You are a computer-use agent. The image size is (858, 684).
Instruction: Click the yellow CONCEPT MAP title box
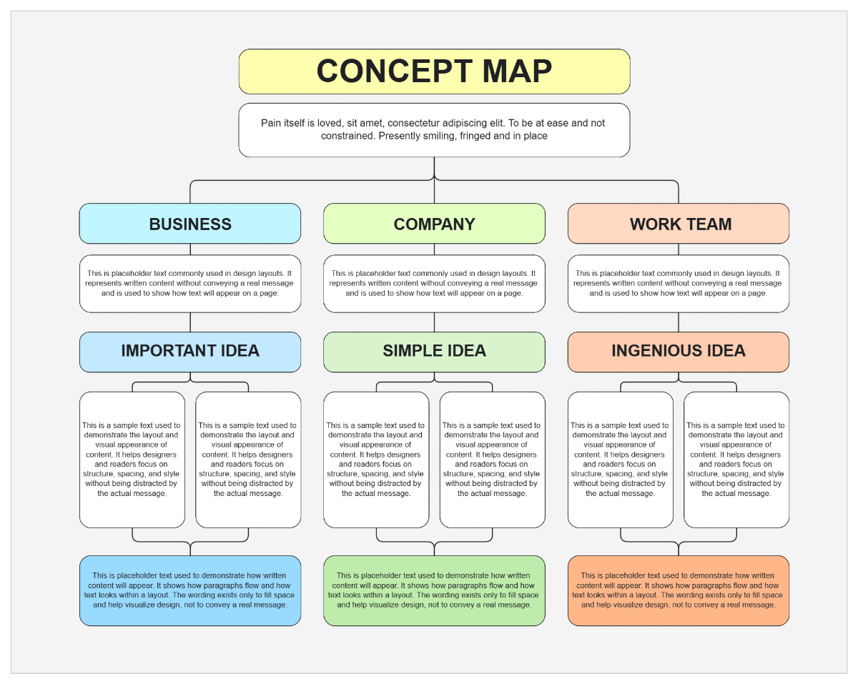[x=434, y=71]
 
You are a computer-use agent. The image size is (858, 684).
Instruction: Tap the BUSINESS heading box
[x=190, y=224]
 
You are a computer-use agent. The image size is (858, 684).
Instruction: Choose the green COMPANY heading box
[x=434, y=224]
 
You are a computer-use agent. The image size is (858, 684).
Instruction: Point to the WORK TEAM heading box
[x=679, y=224]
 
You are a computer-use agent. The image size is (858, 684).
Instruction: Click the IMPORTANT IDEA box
[x=190, y=351]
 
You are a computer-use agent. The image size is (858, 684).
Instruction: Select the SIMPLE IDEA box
[x=434, y=351]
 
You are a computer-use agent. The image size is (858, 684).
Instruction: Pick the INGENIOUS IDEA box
[x=679, y=351]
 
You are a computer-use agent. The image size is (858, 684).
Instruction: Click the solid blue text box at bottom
[x=190, y=590]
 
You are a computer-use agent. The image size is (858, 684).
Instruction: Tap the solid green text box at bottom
[x=434, y=590]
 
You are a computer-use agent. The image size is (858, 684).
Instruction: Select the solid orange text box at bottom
[x=679, y=590]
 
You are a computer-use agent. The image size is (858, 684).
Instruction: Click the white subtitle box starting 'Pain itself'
[x=434, y=130]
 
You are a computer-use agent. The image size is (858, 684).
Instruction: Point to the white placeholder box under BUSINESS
[x=190, y=284]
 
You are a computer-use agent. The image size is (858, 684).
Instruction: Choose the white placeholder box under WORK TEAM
[x=679, y=284]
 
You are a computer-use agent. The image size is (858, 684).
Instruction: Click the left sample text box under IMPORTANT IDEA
[x=132, y=460]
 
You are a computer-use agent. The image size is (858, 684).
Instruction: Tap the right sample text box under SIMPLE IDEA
[x=492, y=460]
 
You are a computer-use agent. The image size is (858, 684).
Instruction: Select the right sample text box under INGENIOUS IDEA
[x=736, y=460]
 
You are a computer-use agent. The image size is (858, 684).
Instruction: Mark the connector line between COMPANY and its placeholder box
[x=434, y=249]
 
